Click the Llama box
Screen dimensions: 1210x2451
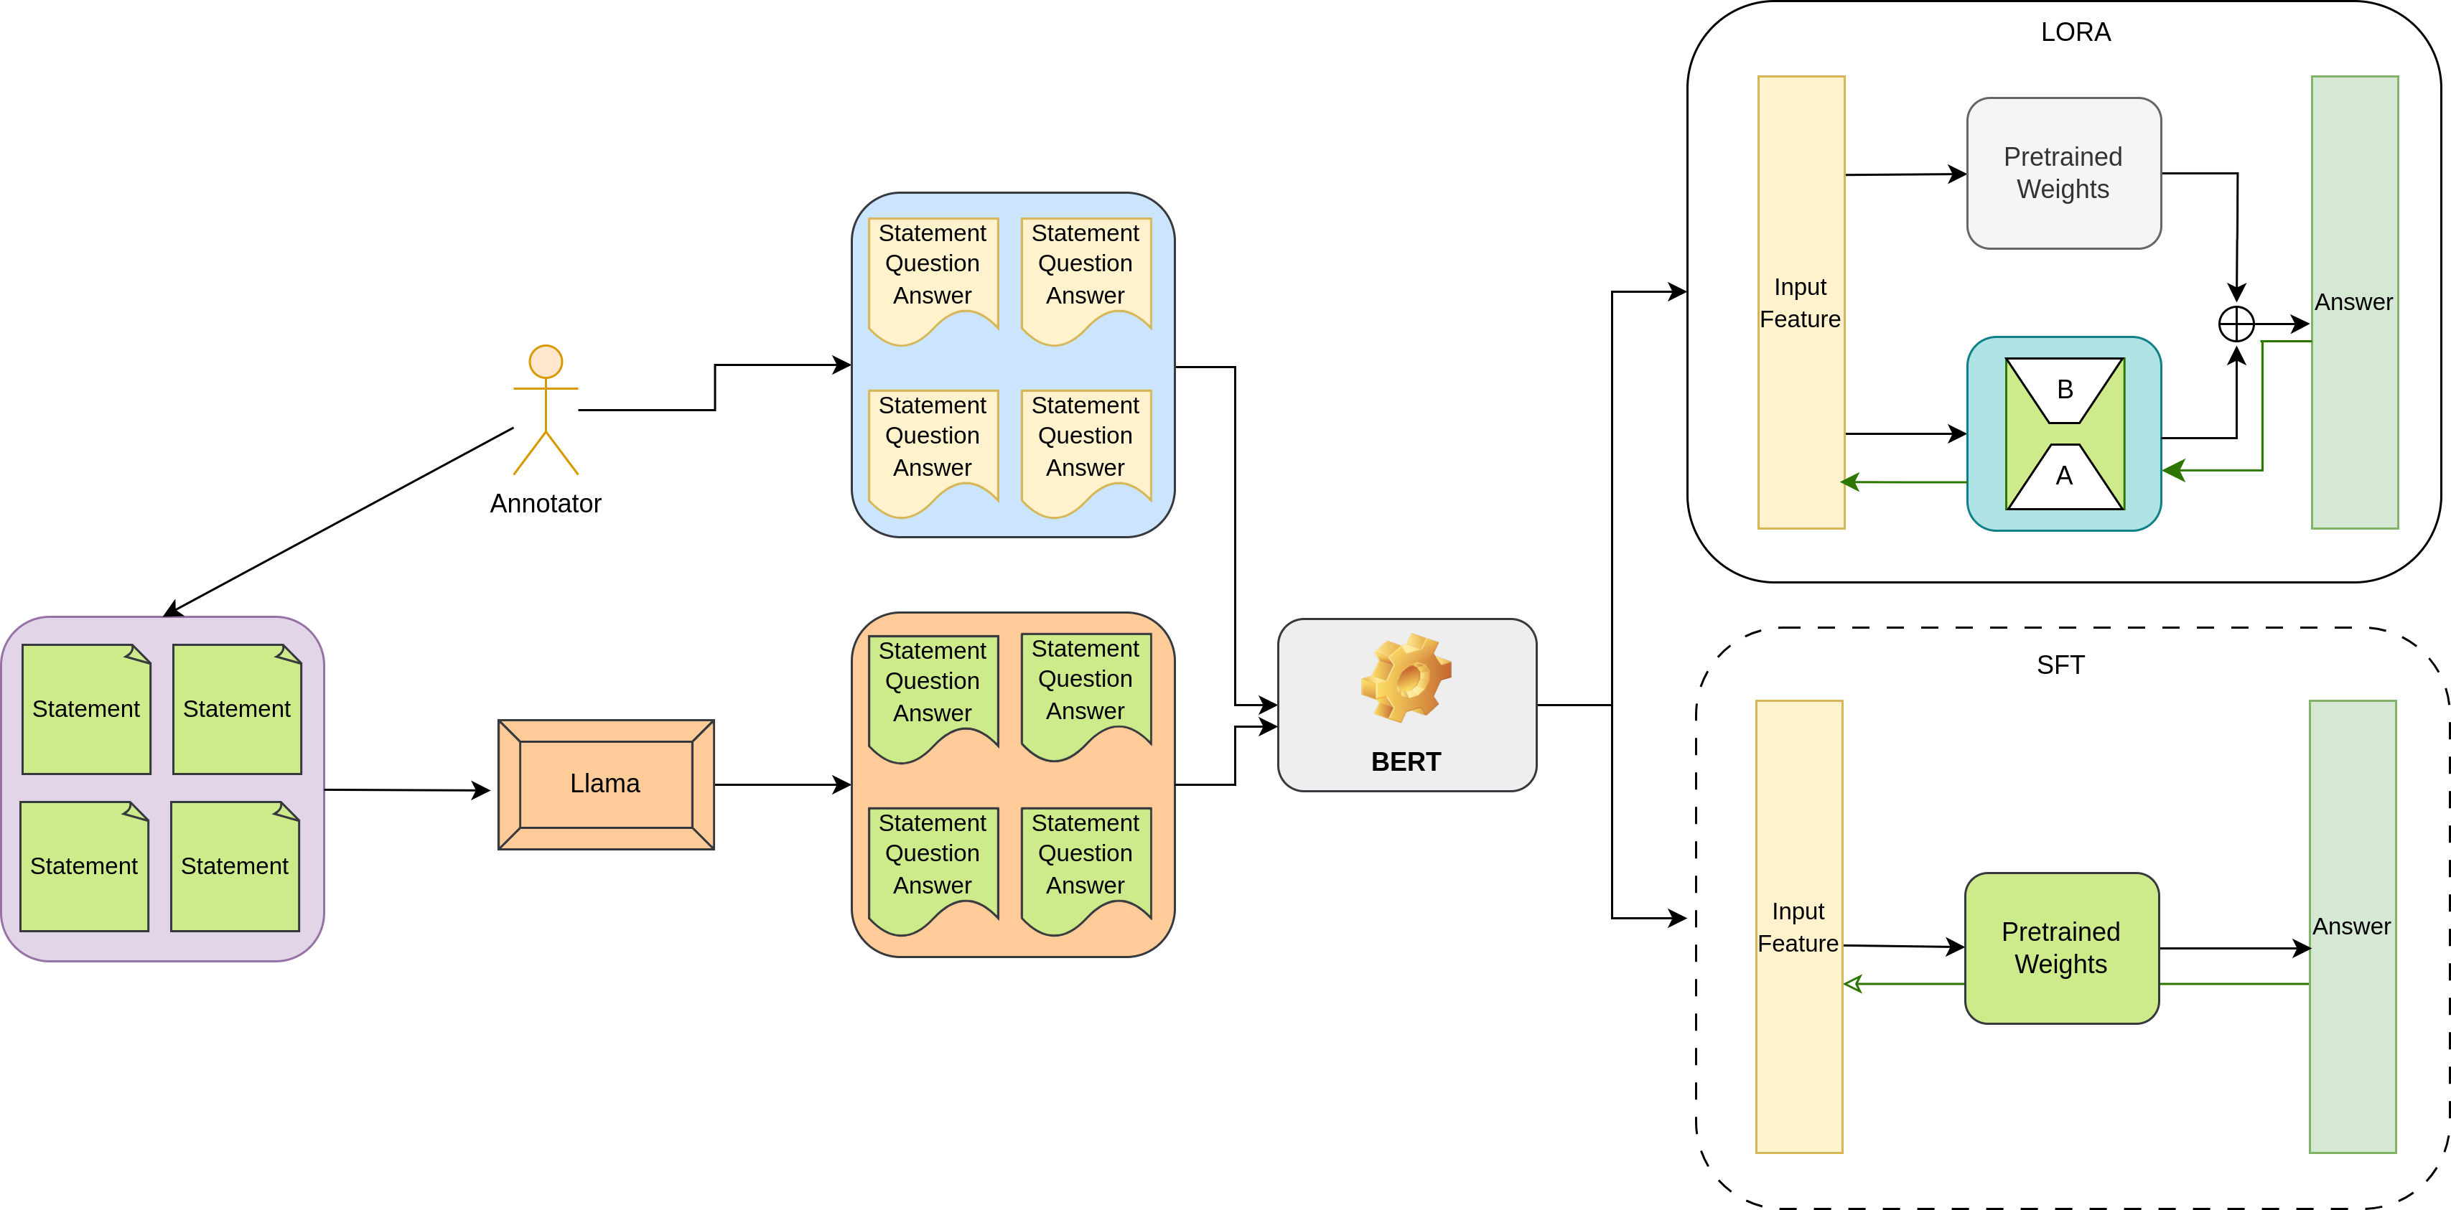pos(606,784)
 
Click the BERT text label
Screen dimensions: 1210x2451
pos(1405,762)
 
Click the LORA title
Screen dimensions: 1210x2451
pos(2076,32)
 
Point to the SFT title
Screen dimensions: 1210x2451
pos(2060,665)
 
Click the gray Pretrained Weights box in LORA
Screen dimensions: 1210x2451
pos(2063,173)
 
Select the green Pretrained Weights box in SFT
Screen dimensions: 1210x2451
pos(2061,947)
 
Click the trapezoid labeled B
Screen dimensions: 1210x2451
pos(2065,389)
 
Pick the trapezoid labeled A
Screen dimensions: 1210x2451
pos(2065,477)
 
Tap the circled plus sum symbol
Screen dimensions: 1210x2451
pos(2236,324)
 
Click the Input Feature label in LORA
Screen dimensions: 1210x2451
pos(1800,303)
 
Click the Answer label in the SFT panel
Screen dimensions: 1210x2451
pos(2351,927)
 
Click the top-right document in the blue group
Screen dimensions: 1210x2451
pos(1086,276)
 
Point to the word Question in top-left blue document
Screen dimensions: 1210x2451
pos(933,263)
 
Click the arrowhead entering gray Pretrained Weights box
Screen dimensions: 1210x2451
pos(1957,174)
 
